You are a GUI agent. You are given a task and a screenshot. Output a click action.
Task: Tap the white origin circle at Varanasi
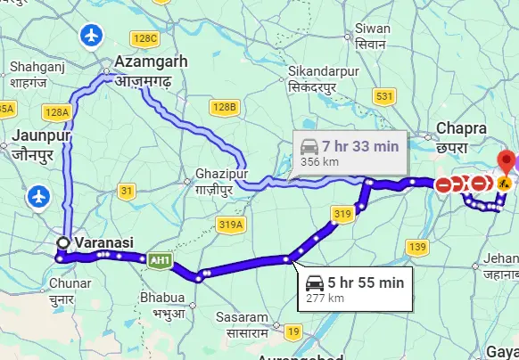pyautogui.click(x=63, y=242)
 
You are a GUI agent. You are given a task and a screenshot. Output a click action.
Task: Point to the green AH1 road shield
pyautogui.click(x=161, y=259)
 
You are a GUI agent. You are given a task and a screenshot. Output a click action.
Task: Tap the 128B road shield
pyautogui.click(x=225, y=108)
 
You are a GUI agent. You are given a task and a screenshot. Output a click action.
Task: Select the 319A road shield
pyautogui.click(x=229, y=225)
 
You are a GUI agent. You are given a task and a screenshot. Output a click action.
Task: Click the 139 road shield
pyautogui.click(x=416, y=246)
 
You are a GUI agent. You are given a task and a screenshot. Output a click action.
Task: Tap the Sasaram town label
pyautogui.click(x=242, y=323)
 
